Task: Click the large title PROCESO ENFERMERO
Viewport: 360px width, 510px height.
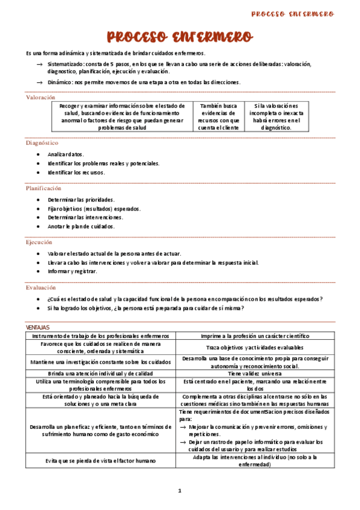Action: point(179,37)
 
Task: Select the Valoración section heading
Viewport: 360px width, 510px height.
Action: point(41,97)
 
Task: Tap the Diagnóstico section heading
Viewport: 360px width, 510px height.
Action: point(42,143)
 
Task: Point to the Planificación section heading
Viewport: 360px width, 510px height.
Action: point(44,188)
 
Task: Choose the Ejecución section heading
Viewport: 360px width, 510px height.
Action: point(39,242)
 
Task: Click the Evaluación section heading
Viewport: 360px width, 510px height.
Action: point(41,287)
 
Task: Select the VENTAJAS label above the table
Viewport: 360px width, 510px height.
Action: point(38,327)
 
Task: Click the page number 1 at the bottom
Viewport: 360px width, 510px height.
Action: point(179,491)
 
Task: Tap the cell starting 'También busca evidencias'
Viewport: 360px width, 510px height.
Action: point(218,116)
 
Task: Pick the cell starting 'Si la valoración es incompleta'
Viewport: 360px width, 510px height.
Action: point(276,116)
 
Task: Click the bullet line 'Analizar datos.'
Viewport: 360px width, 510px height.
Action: point(66,154)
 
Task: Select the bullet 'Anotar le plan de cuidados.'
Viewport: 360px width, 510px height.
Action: point(81,227)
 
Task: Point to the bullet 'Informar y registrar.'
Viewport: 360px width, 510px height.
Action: point(72,271)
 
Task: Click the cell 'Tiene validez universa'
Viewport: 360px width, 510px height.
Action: point(257,373)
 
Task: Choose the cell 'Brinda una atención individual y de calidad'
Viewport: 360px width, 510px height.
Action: point(101,373)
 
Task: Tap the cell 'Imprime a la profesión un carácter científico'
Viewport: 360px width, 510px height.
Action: point(257,336)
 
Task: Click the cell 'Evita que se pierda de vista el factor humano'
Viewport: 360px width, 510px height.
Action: point(101,460)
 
